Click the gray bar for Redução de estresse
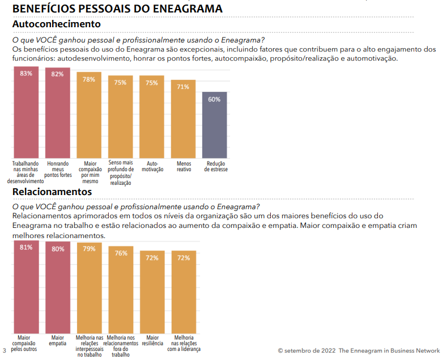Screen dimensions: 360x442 [215, 125]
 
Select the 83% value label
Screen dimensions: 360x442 [26, 74]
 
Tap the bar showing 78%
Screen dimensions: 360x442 [89, 116]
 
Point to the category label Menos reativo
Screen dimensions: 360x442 [183, 166]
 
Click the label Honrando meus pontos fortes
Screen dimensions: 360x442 [57, 169]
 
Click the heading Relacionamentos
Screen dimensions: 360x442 [52, 192]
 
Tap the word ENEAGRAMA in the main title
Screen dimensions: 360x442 [186, 9]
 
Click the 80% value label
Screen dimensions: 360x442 [57, 249]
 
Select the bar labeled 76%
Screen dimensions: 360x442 [121, 292]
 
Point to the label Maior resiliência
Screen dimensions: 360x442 [152, 340]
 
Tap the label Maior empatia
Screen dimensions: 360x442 [57, 340]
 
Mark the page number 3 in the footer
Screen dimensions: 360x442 [5, 350]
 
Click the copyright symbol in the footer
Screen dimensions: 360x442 [280, 350]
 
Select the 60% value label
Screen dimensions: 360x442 [215, 99]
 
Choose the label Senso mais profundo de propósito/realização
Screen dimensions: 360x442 [120, 173]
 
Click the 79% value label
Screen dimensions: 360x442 [89, 249]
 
